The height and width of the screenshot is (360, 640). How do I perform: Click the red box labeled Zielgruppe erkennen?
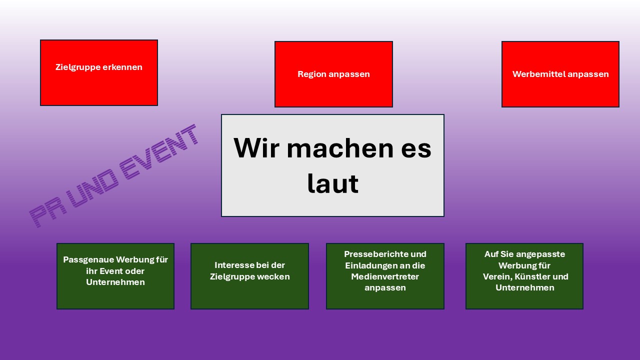pyautogui.click(x=99, y=73)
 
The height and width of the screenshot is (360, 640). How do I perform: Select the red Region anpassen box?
pyautogui.click(x=333, y=74)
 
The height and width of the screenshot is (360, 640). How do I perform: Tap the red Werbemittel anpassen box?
pyautogui.click(x=560, y=74)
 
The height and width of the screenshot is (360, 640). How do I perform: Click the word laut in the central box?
pyautogui.click(x=332, y=183)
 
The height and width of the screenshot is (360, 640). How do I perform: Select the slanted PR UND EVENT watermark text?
pyautogui.click(x=113, y=175)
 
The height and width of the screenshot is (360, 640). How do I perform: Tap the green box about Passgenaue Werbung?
pyautogui.click(x=115, y=276)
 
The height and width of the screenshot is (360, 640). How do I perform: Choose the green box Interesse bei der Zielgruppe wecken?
pyautogui.click(x=249, y=276)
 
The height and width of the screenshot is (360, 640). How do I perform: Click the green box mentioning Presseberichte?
pyautogui.click(x=385, y=276)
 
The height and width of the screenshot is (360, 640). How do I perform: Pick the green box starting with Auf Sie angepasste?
pyautogui.click(x=524, y=276)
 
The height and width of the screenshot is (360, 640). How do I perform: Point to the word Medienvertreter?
pyautogui.click(x=385, y=276)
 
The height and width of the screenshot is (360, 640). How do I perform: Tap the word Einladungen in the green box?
pyautogui.click(x=371, y=265)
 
